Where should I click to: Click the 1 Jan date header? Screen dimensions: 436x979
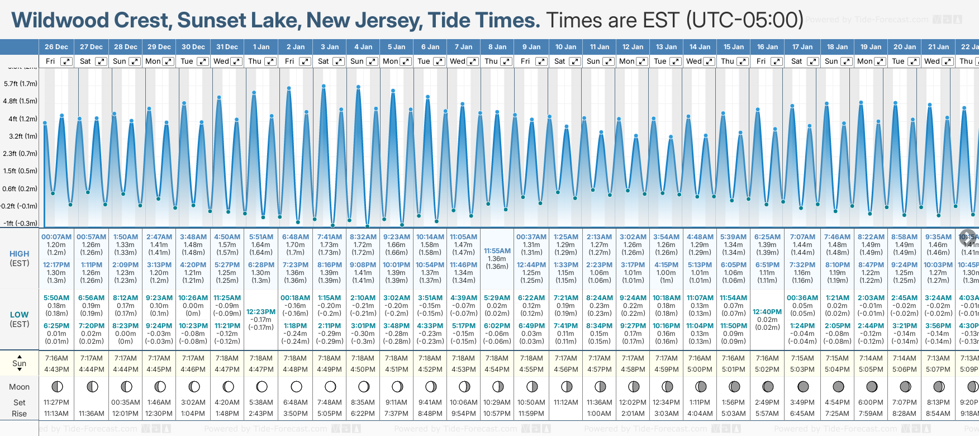261,47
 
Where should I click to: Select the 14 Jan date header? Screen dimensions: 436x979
700,47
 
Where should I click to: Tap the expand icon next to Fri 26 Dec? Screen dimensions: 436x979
66,61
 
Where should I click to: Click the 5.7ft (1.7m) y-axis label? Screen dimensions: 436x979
20,84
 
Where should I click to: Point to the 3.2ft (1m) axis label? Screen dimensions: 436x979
20,136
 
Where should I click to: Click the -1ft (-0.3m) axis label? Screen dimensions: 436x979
20,223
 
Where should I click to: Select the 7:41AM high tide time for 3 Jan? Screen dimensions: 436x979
329,237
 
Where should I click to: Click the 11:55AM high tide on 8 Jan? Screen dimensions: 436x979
497,251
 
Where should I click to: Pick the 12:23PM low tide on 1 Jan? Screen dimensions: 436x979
261,312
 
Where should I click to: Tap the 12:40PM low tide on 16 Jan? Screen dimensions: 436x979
767,312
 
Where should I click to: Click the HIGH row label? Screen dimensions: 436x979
19,254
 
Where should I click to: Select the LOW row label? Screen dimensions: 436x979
19,315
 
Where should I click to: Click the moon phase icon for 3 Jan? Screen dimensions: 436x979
330,386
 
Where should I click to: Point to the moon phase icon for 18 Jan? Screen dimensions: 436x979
838,386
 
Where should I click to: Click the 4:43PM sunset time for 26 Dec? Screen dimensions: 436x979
56,369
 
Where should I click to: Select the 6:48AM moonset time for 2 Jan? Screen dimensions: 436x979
295,402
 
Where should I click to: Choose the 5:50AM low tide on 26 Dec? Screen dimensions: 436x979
56,298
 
